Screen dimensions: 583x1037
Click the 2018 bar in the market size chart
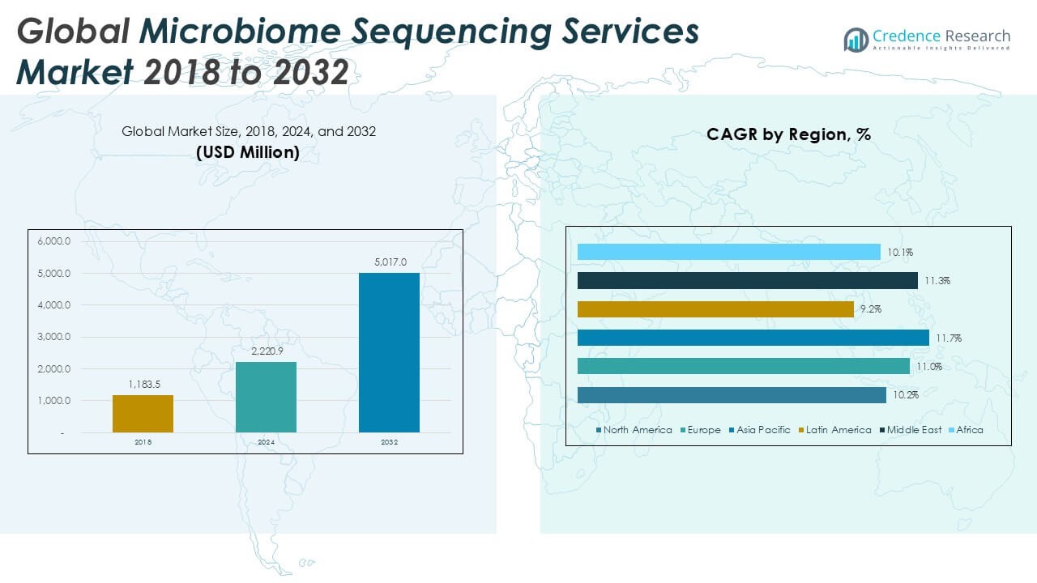(143, 413)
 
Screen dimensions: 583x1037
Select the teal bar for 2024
(266, 397)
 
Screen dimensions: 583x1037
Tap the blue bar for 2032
(389, 352)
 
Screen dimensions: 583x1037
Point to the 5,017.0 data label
(390, 262)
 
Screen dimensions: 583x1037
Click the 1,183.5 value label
(143, 384)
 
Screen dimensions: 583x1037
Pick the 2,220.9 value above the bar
(266, 351)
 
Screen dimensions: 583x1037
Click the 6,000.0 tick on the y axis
(54, 241)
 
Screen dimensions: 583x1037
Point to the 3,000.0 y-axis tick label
(54, 337)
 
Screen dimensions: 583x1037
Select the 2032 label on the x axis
(389, 442)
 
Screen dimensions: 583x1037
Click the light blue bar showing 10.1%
(728, 252)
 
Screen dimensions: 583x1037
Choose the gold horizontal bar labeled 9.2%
(715, 309)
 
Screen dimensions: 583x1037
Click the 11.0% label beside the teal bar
(928, 367)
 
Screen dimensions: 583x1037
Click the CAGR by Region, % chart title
(788, 134)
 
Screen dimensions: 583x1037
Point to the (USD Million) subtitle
(248, 151)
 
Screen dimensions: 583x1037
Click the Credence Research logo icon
(856, 39)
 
